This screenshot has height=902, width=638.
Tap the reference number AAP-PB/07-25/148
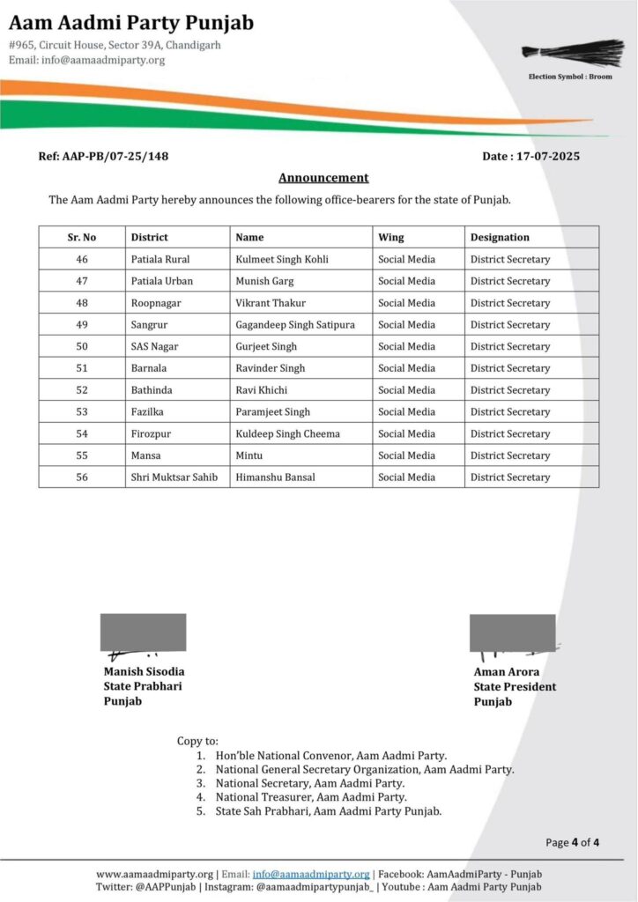tap(103, 156)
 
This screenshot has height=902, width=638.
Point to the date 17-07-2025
tap(530, 156)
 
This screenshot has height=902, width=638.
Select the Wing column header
tap(391, 237)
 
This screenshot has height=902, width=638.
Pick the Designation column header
tap(500, 237)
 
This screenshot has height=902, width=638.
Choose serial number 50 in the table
tap(82, 346)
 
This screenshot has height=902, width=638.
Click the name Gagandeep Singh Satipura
tap(295, 325)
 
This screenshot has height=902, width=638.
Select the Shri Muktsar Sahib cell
tap(174, 477)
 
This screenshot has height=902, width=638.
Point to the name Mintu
tap(249, 455)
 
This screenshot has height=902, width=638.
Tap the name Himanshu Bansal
tap(276, 477)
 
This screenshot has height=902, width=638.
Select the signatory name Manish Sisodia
tap(145, 672)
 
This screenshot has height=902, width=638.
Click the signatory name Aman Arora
tap(507, 672)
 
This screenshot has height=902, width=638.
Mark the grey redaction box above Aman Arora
tap(512, 632)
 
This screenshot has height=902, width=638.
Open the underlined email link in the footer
tap(311, 874)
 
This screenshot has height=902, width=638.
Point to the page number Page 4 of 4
tap(572, 842)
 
